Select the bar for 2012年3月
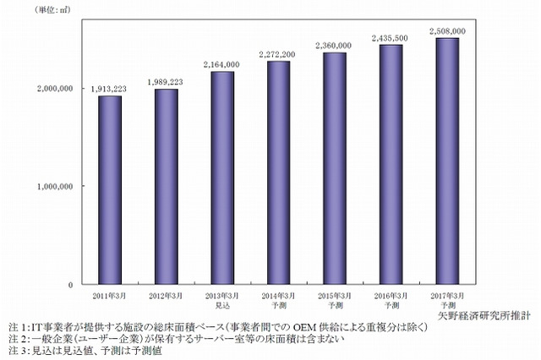click(x=166, y=186)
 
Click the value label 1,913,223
click(x=110, y=88)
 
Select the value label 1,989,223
click(x=166, y=81)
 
